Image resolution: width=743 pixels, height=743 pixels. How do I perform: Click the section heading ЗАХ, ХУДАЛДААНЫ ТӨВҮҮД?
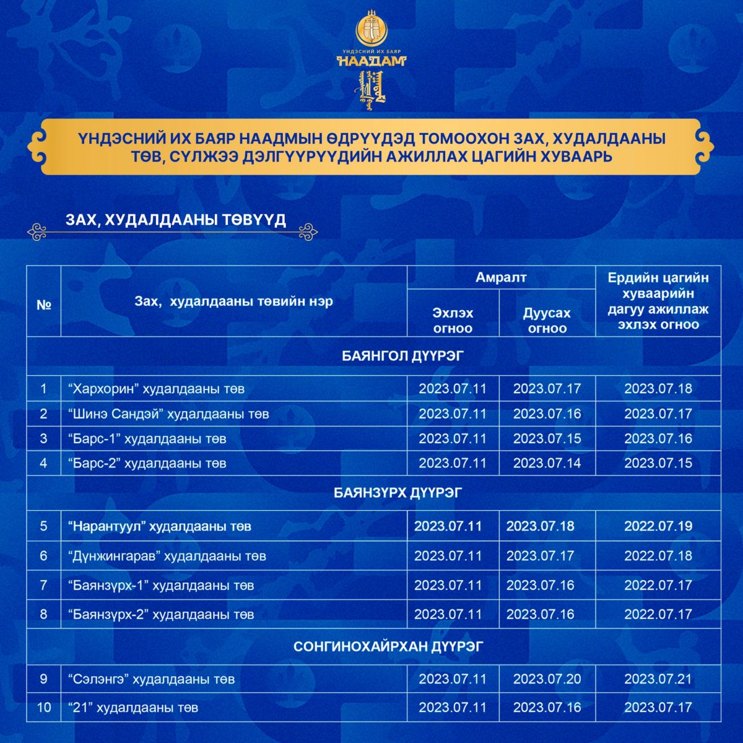pyautogui.click(x=176, y=221)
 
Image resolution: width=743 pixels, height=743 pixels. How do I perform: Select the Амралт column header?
pyautogui.click(x=501, y=277)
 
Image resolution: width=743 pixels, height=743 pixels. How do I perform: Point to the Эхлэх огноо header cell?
pyautogui.click(x=453, y=320)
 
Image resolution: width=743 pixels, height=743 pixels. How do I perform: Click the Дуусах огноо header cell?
pyautogui.click(x=547, y=320)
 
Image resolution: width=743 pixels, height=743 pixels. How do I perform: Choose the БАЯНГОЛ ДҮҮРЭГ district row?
pyautogui.click(x=402, y=356)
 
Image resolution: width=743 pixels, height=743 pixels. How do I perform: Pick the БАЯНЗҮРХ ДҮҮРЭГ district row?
pyautogui.click(x=398, y=493)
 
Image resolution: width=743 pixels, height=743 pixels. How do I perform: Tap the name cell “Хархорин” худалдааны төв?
pyautogui.click(x=156, y=389)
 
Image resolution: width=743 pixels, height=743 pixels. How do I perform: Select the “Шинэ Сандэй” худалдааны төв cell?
pyautogui.click(x=168, y=414)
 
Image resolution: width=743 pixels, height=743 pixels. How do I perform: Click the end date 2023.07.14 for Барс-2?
pyautogui.click(x=547, y=463)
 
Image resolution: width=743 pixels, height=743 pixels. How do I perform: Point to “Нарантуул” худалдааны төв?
pyautogui.click(x=159, y=526)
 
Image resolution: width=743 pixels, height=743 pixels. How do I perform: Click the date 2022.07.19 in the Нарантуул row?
pyautogui.click(x=658, y=526)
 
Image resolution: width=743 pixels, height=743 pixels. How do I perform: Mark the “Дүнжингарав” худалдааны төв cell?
pyautogui.click(x=167, y=556)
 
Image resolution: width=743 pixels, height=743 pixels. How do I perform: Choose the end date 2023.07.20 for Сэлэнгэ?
pyautogui.click(x=547, y=679)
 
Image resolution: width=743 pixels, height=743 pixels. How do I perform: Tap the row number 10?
pyautogui.click(x=43, y=707)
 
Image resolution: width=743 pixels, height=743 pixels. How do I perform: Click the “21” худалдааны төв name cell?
pyautogui.click(x=133, y=707)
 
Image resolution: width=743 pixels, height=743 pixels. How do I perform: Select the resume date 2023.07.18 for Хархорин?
pyautogui.click(x=658, y=389)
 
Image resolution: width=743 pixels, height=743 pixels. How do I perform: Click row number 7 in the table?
pyautogui.click(x=43, y=585)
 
